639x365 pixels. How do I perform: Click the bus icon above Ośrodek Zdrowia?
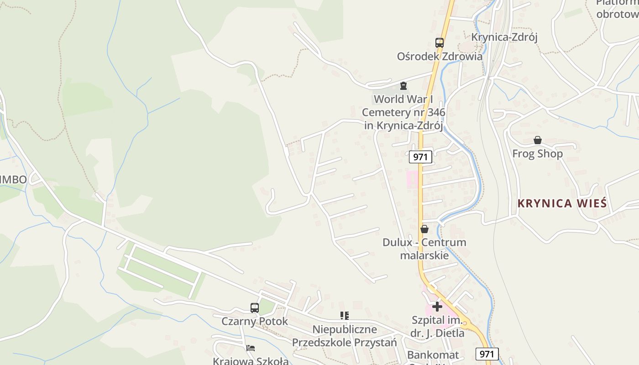click(440, 43)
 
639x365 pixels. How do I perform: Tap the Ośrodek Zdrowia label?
click(440, 57)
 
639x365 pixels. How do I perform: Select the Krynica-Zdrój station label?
click(504, 37)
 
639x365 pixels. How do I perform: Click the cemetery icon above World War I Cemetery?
click(403, 86)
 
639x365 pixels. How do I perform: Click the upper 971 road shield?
click(420, 157)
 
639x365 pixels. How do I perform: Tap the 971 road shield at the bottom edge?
click(487, 354)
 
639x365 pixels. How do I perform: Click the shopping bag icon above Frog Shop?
click(538, 140)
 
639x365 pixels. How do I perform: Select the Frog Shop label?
click(538, 154)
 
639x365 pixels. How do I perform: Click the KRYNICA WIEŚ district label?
click(562, 203)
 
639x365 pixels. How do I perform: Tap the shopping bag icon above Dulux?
click(424, 229)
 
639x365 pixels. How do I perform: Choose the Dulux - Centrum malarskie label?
click(424, 249)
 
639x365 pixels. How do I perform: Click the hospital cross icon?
click(437, 307)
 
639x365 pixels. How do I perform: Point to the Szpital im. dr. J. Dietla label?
click(437, 327)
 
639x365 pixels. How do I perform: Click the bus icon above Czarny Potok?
click(255, 308)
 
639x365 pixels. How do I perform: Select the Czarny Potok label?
click(255, 321)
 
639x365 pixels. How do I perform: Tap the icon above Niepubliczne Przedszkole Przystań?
click(345, 315)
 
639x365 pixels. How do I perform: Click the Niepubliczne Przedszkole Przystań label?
click(345, 336)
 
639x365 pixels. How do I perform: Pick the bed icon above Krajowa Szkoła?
click(251, 348)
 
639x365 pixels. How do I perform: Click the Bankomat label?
click(433, 355)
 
